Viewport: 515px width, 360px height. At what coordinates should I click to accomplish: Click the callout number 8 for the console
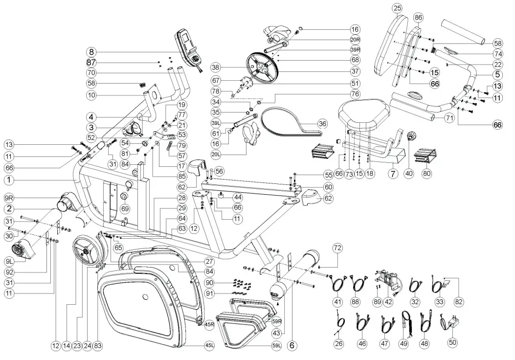pos(91,52)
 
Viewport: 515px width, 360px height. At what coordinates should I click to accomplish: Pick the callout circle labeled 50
pos(453,343)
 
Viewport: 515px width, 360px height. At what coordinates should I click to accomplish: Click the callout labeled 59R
pos(277,321)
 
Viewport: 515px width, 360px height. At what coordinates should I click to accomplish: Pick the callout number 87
pos(91,63)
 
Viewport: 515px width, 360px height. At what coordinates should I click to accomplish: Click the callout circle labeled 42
pos(389,302)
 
